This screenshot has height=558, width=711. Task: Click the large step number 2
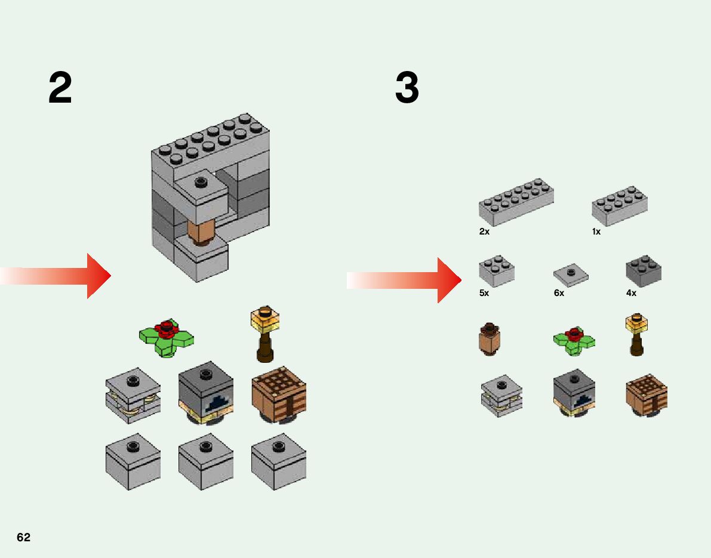tap(60, 88)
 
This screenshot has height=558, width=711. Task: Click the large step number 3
tap(407, 88)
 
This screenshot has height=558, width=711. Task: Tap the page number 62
tap(23, 537)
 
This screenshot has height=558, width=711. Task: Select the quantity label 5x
tap(484, 293)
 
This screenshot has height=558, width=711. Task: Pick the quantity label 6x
tap(559, 293)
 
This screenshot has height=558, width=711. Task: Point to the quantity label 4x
tap(631, 293)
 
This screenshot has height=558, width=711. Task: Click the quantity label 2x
tap(484, 232)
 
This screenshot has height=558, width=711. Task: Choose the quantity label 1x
tap(596, 232)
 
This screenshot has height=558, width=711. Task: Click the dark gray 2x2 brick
tap(643, 272)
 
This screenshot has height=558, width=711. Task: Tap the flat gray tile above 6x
tap(571, 275)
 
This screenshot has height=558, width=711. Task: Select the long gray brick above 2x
tap(516, 202)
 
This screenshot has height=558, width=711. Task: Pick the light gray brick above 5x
tap(496, 272)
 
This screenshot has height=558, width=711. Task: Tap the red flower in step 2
tap(166, 328)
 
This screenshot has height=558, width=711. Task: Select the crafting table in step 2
tap(278, 395)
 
